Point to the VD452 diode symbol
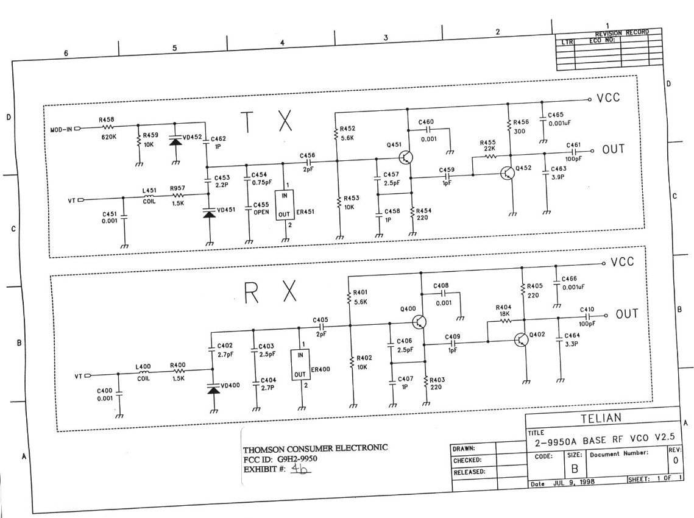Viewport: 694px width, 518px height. pyautogui.click(x=175, y=141)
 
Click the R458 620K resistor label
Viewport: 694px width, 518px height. pyautogui.click(x=107, y=129)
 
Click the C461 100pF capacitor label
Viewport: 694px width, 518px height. pyautogui.click(x=573, y=151)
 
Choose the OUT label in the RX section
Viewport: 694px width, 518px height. pyautogui.click(x=626, y=314)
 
